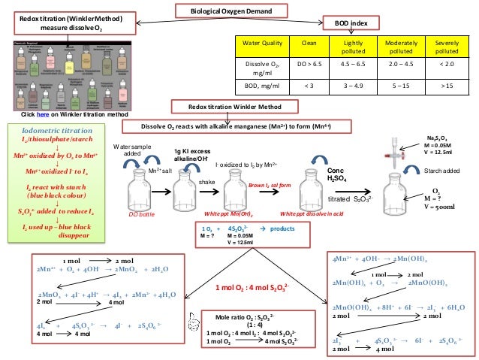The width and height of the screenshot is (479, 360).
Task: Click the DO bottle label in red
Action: (141, 214)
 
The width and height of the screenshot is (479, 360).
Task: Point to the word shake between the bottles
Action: (206, 183)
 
